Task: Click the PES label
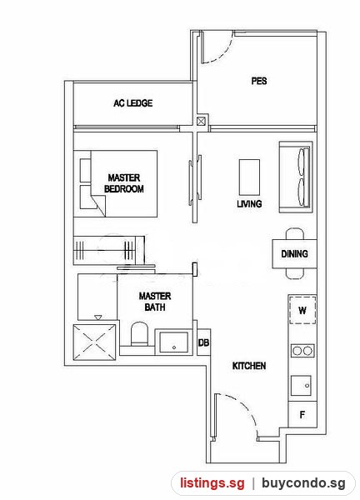coord(259,81)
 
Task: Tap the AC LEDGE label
coord(133,103)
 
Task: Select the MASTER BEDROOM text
coord(124,183)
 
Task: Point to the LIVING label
coord(249,204)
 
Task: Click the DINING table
coord(294,254)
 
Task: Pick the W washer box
coord(302,310)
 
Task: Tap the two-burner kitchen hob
coord(302,351)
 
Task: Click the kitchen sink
coord(301,385)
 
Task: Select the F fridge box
coord(302,414)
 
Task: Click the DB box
coord(203,342)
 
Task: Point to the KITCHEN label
coord(249,366)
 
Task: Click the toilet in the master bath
coord(140,333)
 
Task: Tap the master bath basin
coord(174,342)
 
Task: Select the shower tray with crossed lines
coord(95,342)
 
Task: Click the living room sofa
coord(296,177)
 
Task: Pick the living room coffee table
coord(249,177)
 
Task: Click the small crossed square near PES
coord(201,122)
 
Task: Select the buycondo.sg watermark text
coord(303,483)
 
